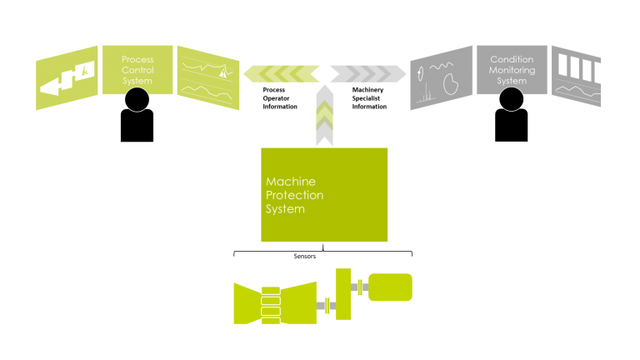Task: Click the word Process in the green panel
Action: coord(137,59)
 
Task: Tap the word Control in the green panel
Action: coord(137,70)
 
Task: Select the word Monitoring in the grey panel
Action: coord(512,70)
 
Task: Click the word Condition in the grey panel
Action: coord(512,59)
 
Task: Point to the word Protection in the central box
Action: coord(294,195)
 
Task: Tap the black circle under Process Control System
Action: coord(137,100)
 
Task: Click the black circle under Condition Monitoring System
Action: coord(512,100)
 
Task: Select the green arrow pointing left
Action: coord(278,74)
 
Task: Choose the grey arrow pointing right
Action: coord(367,74)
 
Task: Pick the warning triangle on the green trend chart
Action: coord(222,73)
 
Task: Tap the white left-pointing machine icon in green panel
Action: coord(66,80)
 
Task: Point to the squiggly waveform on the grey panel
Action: coord(442,64)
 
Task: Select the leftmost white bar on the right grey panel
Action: coord(563,66)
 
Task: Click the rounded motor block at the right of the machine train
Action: coord(389,287)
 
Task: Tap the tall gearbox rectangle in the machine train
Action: coord(342,293)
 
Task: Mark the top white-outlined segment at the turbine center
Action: coord(272,292)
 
